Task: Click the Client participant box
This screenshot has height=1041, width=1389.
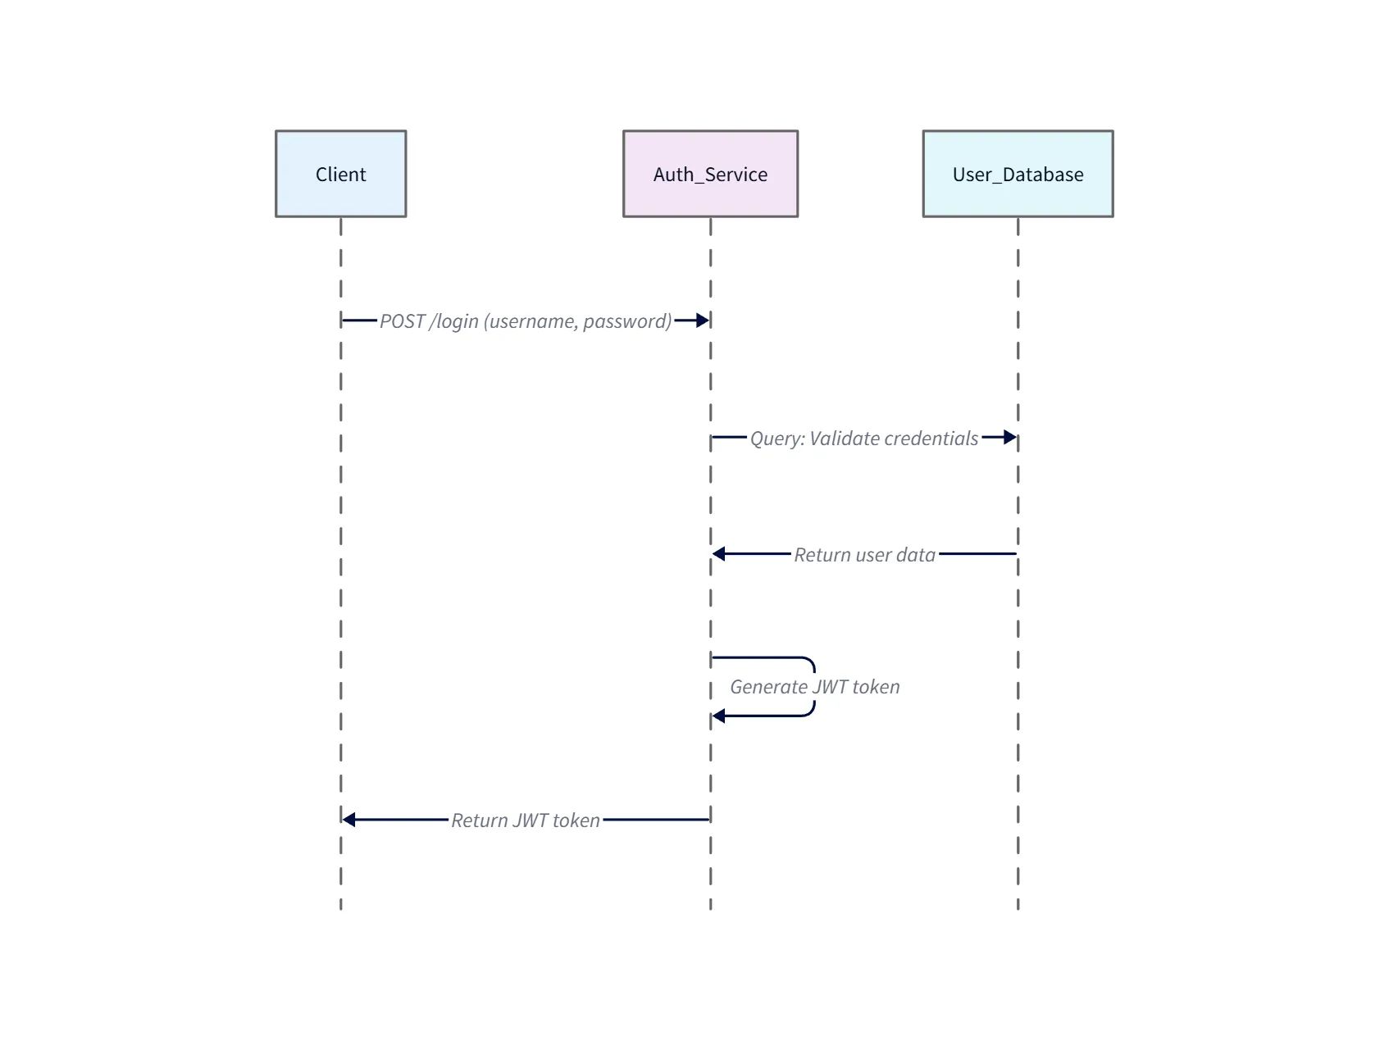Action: coord(340,174)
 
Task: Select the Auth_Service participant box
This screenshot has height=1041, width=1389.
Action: coord(710,174)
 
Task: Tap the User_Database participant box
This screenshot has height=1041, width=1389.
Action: coord(1018,174)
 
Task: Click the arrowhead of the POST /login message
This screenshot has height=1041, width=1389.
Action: coord(702,320)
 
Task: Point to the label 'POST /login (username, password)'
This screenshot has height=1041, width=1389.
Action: coord(526,321)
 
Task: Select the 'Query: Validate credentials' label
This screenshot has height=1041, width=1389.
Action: coord(863,439)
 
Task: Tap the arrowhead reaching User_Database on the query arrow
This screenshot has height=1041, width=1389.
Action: coord(1010,438)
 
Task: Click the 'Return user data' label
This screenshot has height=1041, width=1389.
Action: coord(864,555)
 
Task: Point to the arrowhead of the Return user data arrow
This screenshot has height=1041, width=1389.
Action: coord(719,554)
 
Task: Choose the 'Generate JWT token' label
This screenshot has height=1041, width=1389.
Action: coord(814,687)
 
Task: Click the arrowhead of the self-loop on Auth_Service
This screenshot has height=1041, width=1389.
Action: coord(719,716)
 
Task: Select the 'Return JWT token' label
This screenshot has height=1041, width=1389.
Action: coord(526,821)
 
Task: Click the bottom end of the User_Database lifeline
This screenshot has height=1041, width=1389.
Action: coord(1018,907)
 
